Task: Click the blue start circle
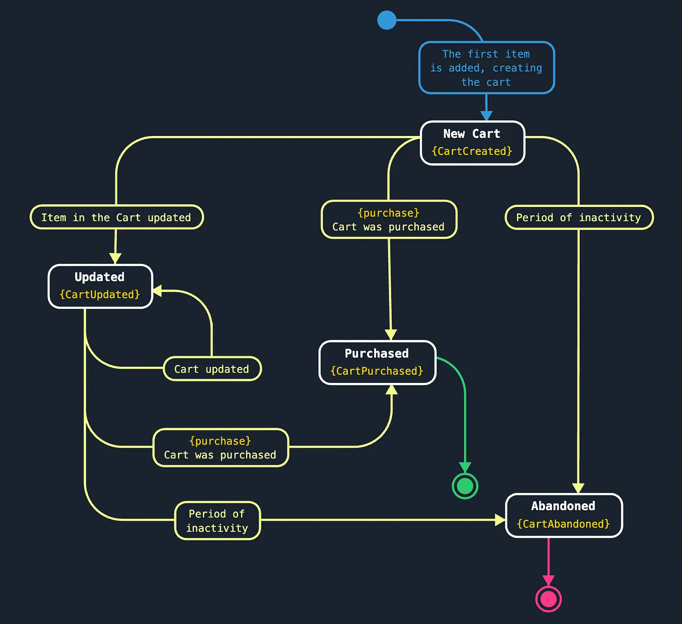(387, 20)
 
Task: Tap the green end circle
(465, 486)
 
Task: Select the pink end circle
(549, 599)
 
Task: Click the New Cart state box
(472, 143)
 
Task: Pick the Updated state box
(100, 286)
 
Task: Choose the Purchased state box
(377, 362)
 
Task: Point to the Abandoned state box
(564, 515)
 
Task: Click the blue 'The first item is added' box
(486, 68)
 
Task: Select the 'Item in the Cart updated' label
(116, 217)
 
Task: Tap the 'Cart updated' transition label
(212, 369)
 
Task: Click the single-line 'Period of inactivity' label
(579, 217)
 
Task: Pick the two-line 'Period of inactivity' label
(217, 521)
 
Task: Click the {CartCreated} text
(472, 151)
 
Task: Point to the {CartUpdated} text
(100, 295)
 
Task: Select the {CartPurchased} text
(377, 371)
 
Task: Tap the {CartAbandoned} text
(564, 524)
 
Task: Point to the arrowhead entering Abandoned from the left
(500, 520)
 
